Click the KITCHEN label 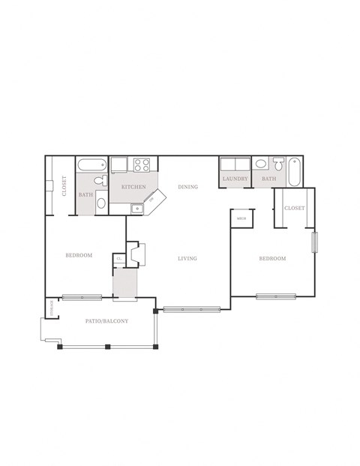click(x=133, y=186)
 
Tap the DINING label click(x=187, y=186)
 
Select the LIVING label click(x=187, y=258)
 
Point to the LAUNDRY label click(x=235, y=179)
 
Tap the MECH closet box click(x=241, y=218)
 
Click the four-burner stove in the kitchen click(x=142, y=164)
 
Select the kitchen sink click(x=136, y=208)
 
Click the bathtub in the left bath click(x=92, y=164)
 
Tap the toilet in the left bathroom click(x=100, y=180)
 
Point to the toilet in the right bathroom click(x=278, y=164)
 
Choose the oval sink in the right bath click(x=259, y=164)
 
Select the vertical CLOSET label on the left click(x=64, y=186)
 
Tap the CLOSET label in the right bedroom click(x=294, y=208)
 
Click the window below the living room click(x=191, y=308)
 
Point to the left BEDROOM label click(x=79, y=255)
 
